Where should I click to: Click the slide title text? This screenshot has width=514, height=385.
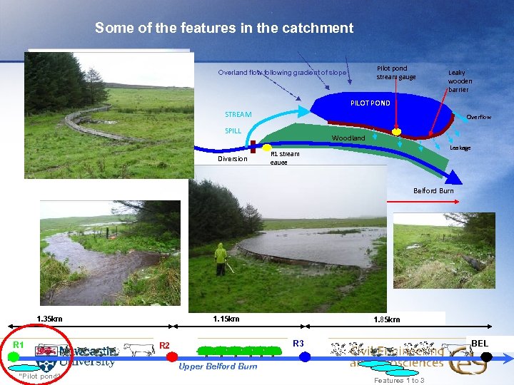223,29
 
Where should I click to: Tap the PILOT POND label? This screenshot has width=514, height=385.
370,103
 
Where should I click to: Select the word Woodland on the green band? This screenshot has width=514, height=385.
348,138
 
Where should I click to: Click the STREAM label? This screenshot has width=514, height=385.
238,114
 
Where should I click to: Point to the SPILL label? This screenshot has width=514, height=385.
233,131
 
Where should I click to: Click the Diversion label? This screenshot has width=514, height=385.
232,159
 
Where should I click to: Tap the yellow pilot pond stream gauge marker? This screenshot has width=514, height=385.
397,132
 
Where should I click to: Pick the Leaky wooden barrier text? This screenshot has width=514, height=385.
458,81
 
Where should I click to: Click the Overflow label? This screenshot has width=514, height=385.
478,117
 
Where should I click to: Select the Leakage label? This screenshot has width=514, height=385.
460,148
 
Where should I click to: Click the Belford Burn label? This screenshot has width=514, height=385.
433,190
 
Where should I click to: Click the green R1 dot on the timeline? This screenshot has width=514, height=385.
14,356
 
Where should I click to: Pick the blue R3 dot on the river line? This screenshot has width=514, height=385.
305,356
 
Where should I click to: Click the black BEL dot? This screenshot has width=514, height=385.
487,356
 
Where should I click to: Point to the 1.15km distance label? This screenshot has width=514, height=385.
226,319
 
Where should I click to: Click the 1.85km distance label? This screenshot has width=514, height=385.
387,319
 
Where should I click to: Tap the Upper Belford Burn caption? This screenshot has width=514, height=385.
217,366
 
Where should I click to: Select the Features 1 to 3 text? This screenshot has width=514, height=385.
398,380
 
